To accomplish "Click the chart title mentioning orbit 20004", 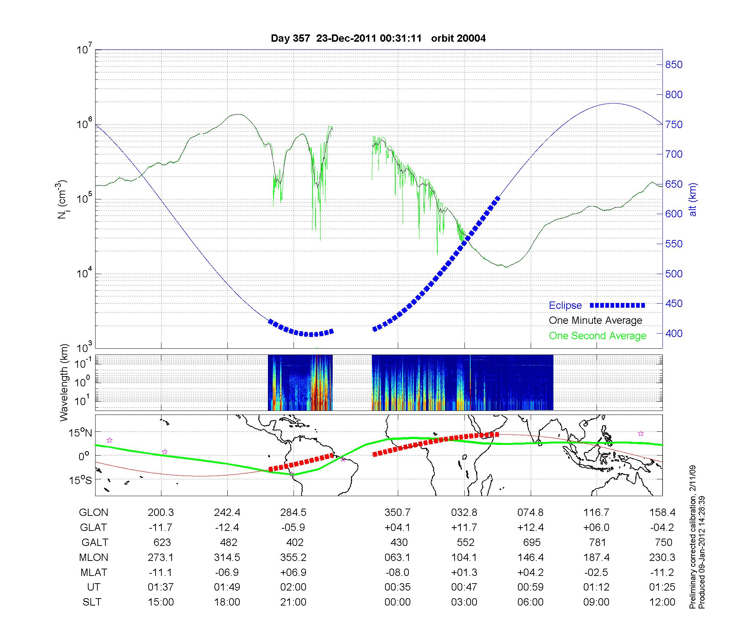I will pyautogui.click(x=378, y=38).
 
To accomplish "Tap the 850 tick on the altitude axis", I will pyautogui.click(x=674, y=65).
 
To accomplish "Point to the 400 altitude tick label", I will pyautogui.click(x=674, y=333).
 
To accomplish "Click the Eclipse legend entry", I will pyautogui.click(x=565, y=305).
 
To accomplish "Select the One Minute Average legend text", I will pyautogui.click(x=595, y=321).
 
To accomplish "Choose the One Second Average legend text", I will pyautogui.click(x=597, y=336).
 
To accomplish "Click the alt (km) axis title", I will pyautogui.click(x=693, y=199).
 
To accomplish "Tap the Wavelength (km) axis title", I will pyautogui.click(x=64, y=382).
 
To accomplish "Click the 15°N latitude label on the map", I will pyautogui.click(x=81, y=433).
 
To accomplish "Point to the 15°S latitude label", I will pyautogui.click(x=81, y=480).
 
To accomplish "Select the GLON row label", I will pyautogui.click(x=93, y=513).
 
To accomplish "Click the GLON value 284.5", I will pyautogui.click(x=293, y=513).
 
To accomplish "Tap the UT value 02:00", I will pyautogui.click(x=293, y=587).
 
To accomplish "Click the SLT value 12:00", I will pyautogui.click(x=662, y=602).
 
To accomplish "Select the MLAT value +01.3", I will pyautogui.click(x=464, y=572).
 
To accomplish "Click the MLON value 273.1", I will pyautogui.click(x=161, y=557).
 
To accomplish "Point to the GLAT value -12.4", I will pyautogui.click(x=227, y=528).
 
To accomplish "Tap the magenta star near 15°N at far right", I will pyautogui.click(x=641, y=434).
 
